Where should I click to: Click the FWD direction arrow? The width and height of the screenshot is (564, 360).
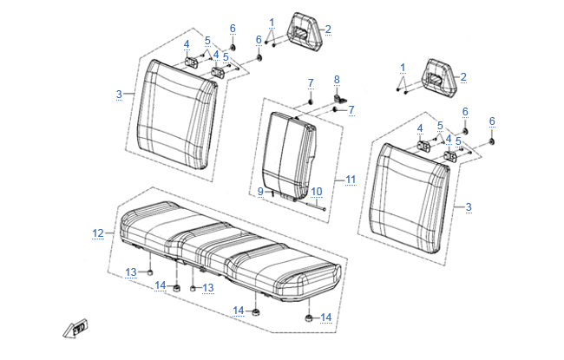point(75,329)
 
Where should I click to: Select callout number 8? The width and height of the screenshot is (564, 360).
point(337,80)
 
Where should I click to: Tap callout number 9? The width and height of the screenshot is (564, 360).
point(261,192)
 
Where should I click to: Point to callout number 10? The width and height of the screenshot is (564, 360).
point(317,192)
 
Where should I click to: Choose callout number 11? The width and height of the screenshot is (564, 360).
point(351,180)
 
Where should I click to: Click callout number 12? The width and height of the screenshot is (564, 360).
point(98,233)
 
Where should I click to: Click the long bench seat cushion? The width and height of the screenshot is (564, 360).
point(231,252)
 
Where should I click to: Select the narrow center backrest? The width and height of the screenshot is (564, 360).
point(290,157)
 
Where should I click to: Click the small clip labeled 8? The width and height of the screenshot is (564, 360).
point(339,99)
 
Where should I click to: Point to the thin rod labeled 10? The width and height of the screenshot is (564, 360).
point(316,206)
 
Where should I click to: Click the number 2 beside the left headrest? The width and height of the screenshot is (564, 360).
point(328,29)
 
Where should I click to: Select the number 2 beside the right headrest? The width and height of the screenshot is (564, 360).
point(463,76)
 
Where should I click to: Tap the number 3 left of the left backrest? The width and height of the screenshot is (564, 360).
point(119,95)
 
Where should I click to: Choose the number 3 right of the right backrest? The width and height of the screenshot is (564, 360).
point(469,207)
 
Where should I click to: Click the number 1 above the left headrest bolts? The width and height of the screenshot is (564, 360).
point(272,23)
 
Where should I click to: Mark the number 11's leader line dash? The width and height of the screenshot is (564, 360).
point(339,180)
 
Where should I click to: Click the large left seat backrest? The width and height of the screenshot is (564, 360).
point(177,115)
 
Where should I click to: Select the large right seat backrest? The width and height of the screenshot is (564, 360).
point(410,199)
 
